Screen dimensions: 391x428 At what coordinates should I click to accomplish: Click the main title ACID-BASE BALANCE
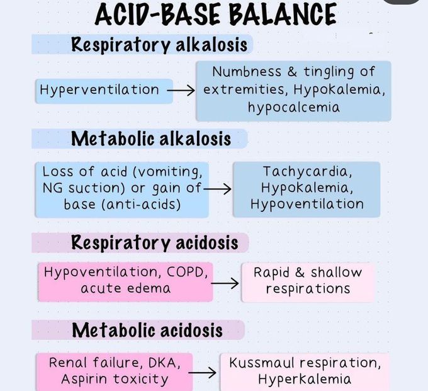[x=215, y=14]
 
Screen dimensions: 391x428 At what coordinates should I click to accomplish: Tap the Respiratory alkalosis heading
[x=160, y=45]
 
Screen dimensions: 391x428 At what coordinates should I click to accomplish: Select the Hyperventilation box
[x=99, y=90]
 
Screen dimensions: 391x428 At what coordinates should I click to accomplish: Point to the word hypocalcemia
[x=293, y=107]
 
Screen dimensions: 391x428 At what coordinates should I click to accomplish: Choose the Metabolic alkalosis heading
[x=151, y=139]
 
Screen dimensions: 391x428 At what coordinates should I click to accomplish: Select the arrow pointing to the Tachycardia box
[x=218, y=188]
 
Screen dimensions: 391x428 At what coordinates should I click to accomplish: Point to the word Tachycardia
[x=306, y=171]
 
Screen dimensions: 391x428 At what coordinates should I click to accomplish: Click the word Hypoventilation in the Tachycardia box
[x=307, y=204]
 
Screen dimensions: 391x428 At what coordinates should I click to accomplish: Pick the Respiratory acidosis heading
[x=154, y=242]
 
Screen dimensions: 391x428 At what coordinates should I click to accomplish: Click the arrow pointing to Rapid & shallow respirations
[x=225, y=283]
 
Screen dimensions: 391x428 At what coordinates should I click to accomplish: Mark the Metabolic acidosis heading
[x=147, y=330]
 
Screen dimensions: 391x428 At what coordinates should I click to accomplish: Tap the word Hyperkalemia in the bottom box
[x=304, y=379]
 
